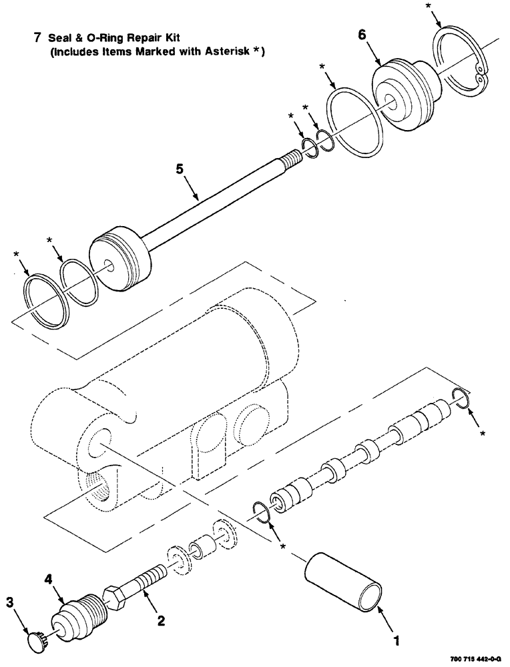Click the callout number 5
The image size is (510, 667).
[179, 170]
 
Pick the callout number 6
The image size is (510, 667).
[361, 35]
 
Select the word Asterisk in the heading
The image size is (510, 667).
[221, 53]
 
